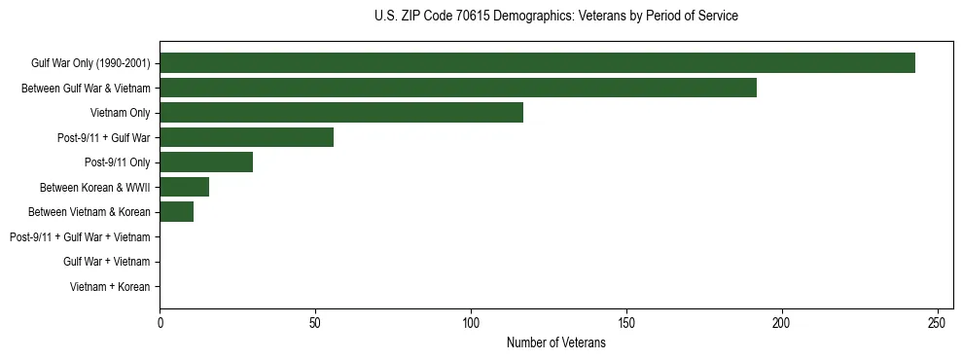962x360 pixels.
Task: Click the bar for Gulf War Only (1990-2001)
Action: (537, 63)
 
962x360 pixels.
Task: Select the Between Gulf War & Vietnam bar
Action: (458, 88)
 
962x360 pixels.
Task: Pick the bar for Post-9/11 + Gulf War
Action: (247, 137)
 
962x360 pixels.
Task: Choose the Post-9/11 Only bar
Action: (206, 162)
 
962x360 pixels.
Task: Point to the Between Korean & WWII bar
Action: (185, 187)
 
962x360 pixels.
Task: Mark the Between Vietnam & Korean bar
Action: (177, 212)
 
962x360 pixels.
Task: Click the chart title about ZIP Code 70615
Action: (555, 17)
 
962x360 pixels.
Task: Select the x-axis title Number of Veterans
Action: (555, 343)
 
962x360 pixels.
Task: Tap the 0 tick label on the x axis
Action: (160, 322)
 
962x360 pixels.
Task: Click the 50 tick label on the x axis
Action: (315, 322)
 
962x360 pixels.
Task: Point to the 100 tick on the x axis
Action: (471, 322)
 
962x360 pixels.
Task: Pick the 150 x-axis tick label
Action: (626, 322)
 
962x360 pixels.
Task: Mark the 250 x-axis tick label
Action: (937, 322)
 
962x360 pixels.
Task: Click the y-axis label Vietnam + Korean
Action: (110, 287)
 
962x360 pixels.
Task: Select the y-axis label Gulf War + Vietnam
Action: (106, 262)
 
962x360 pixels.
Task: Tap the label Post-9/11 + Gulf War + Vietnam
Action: (80, 237)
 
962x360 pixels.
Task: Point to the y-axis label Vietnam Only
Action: (120, 113)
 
